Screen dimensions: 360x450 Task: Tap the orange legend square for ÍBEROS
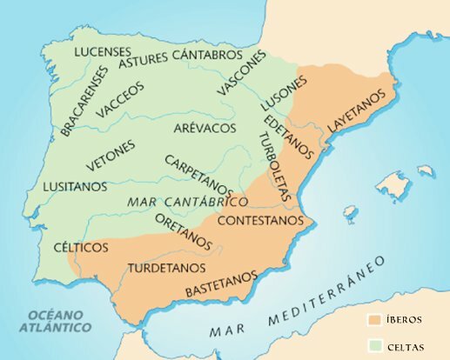coord(373,318)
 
